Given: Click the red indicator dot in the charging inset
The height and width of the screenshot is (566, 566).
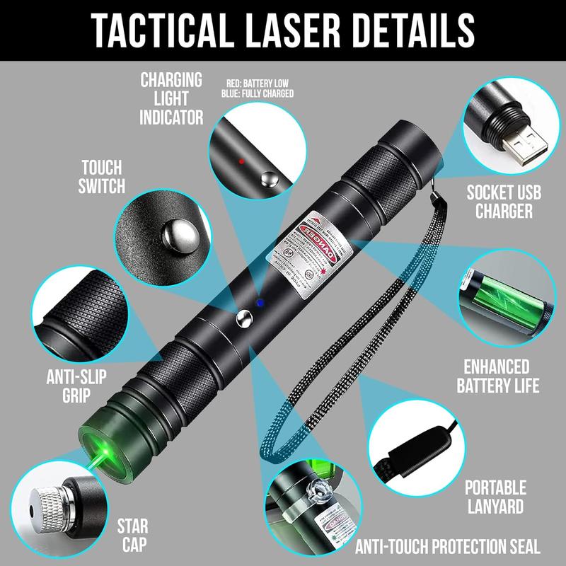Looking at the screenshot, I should [241, 161].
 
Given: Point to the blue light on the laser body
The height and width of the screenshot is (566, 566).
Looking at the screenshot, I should [260, 302].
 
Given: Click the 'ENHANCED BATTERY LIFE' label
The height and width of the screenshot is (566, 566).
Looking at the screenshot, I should [497, 376].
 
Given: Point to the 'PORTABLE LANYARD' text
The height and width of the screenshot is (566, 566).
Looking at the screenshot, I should [495, 497].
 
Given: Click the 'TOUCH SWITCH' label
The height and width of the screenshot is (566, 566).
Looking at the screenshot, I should [102, 177].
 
